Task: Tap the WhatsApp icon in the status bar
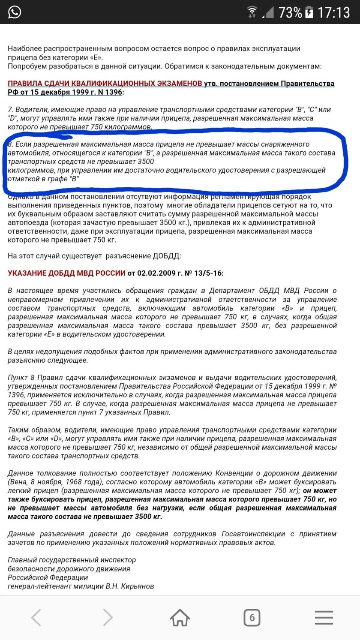(14, 12)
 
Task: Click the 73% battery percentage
(290, 12)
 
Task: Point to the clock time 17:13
(333, 12)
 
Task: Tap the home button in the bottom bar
(180, 618)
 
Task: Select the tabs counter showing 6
(252, 618)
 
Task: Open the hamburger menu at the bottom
(324, 618)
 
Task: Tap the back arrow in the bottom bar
(36, 618)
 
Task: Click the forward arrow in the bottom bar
(108, 618)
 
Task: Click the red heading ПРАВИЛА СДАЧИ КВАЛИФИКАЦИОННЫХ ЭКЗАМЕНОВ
(105, 83)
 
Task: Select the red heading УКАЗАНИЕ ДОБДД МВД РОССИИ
(66, 273)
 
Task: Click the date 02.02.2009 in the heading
(157, 273)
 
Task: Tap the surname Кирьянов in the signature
(138, 586)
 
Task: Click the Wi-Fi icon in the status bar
(252, 12)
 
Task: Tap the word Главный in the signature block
(21, 560)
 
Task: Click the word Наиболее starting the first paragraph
(23, 48)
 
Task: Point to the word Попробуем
(26, 66)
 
